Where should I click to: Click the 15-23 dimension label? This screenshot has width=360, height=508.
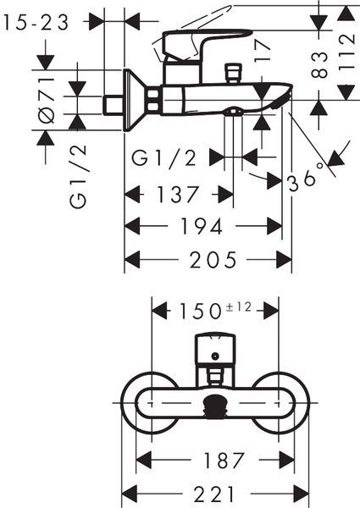36,22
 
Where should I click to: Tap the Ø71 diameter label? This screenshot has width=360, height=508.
46,100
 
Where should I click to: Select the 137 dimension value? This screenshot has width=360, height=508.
177,194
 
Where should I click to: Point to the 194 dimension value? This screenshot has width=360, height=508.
202,226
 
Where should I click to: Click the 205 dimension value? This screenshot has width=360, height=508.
213,260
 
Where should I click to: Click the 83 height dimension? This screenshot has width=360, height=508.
320,65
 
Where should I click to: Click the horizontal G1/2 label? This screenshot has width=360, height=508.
164,158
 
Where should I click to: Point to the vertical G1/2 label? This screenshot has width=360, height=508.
78,176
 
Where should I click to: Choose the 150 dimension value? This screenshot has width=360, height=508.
200,311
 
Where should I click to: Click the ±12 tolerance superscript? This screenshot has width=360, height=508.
239,306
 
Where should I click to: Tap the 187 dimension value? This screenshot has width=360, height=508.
223,460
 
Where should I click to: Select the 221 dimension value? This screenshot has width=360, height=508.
213,494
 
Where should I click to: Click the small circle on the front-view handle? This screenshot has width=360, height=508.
214,356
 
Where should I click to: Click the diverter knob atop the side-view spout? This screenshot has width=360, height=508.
233,72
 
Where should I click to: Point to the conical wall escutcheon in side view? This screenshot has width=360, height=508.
136,101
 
